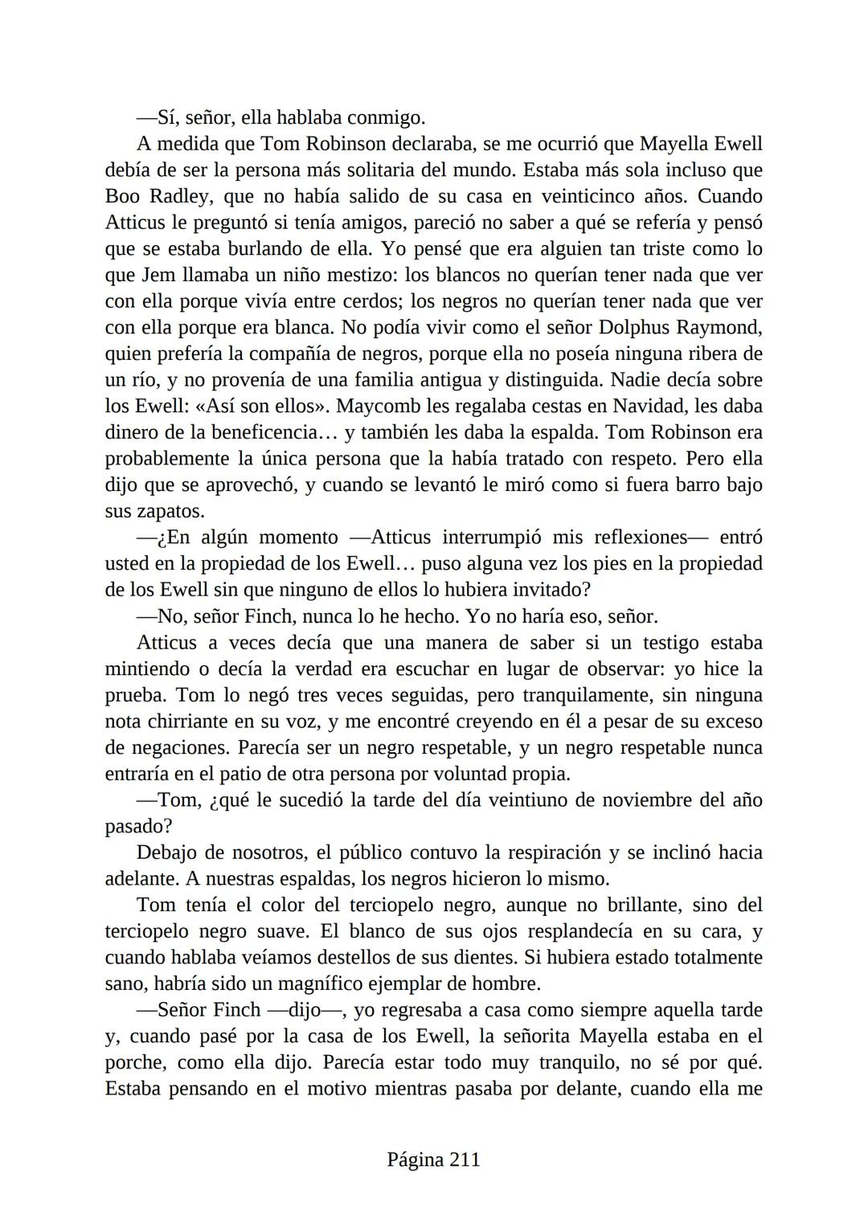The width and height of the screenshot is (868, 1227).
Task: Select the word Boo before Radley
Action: pyautogui.click(x=122, y=197)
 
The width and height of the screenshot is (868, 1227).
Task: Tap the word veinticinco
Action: pyautogui.click(x=585, y=197)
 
